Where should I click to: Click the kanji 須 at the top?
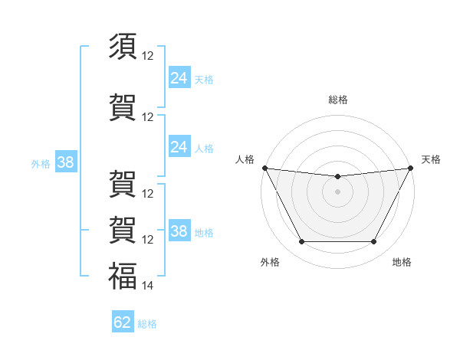click(x=123, y=47)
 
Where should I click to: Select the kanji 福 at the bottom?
click(x=123, y=277)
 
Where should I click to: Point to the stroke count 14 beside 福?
click(x=148, y=286)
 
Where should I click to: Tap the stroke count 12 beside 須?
click(x=148, y=56)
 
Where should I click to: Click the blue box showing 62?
click(x=123, y=322)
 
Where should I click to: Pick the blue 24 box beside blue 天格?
click(x=179, y=77)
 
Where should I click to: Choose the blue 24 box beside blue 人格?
click(x=179, y=147)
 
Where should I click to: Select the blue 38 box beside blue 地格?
click(x=179, y=231)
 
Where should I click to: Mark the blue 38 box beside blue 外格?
click(x=65, y=162)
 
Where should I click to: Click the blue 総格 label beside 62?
click(x=147, y=324)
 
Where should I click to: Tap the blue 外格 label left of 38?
click(x=41, y=163)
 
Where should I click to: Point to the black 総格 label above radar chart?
click(x=337, y=100)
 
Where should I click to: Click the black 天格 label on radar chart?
click(x=431, y=159)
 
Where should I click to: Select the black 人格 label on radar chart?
click(x=245, y=159)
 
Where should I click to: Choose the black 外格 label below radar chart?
click(x=270, y=262)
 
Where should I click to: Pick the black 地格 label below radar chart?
click(x=402, y=262)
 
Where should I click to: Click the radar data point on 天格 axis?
click(x=411, y=168)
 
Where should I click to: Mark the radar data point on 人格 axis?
click(x=264, y=168)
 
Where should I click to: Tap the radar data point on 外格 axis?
click(x=301, y=242)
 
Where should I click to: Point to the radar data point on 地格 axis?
click(x=373, y=242)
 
